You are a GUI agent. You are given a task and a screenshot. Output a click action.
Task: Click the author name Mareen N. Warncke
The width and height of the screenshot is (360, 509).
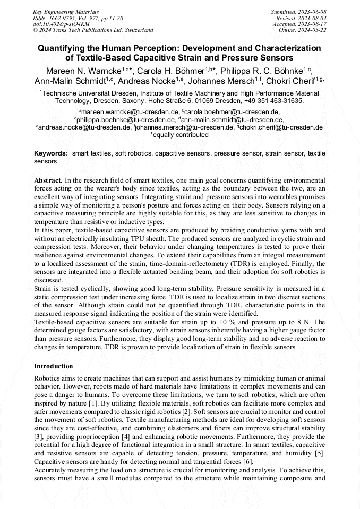pyautogui.click(x=75, y=71)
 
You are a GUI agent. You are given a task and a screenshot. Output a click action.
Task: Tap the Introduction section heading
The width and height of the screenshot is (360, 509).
pyautogui.click(x=54, y=366)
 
